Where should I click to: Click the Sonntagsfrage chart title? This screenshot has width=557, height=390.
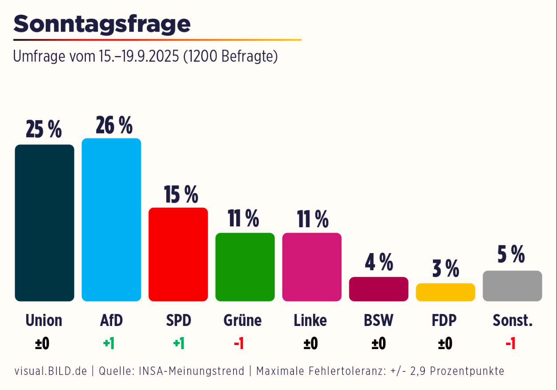pos(102,24)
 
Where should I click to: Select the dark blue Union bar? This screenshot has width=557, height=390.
pos(44,222)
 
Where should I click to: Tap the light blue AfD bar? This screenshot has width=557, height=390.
pos(111,220)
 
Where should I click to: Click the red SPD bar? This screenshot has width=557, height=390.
pos(178,254)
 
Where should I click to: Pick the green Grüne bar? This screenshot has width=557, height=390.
pos(245,267)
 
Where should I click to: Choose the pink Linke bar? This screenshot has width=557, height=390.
pos(312,267)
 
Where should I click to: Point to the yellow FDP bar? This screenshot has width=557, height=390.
pos(445,292)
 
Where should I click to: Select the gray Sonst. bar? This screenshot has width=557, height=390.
pos(512,286)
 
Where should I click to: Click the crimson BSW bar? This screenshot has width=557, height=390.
pos(379,289)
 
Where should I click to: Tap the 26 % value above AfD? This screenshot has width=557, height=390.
pos(114,125)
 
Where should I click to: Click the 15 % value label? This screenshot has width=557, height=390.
pos(181,194)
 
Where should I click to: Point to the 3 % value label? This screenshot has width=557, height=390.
pos(445,269)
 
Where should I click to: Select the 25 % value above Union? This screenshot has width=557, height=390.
pos(44,129)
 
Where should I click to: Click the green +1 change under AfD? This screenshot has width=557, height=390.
pos(109,344)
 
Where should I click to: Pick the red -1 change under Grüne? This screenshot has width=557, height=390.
pos(239,344)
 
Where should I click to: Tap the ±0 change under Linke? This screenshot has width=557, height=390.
pos(311,344)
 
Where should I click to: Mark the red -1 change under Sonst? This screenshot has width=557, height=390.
pos(510,344)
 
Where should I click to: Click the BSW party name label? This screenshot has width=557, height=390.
pos(379,320)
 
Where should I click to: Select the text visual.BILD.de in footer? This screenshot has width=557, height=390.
pos(50,371)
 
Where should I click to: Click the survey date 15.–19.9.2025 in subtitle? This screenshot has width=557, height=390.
pos(139,56)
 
